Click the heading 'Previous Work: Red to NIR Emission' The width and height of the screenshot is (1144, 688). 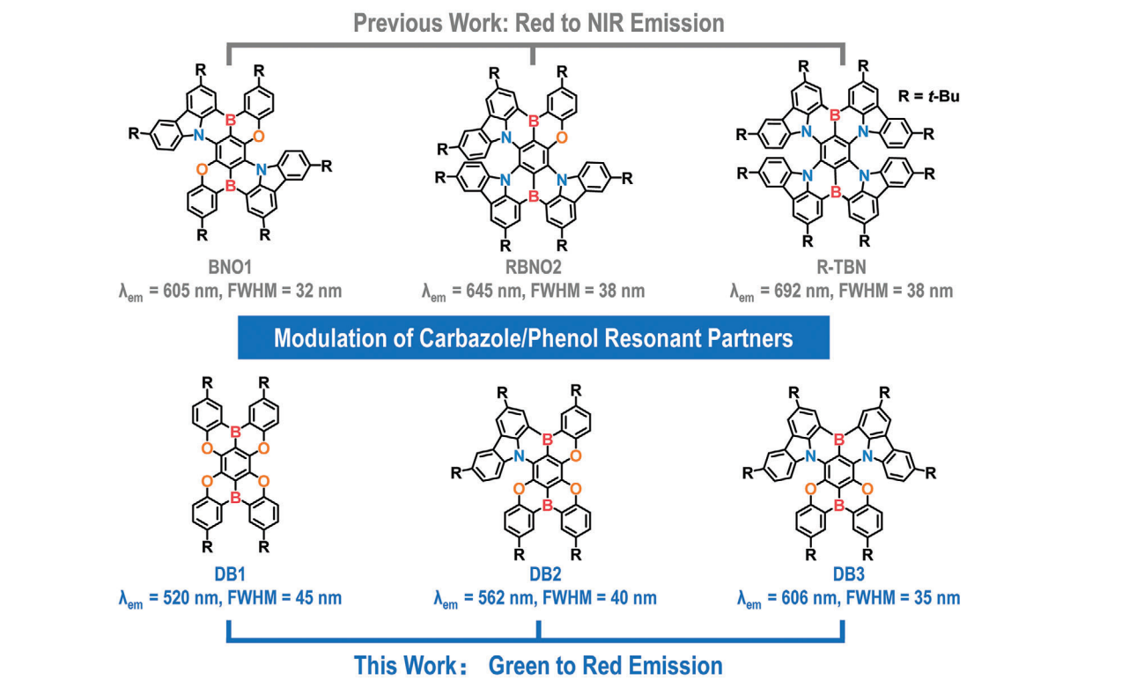[x=538, y=23]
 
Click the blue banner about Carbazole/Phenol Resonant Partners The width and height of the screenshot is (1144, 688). [x=533, y=338]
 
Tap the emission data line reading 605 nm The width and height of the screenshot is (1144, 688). [x=230, y=291]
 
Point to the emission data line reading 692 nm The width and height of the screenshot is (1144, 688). [x=840, y=291]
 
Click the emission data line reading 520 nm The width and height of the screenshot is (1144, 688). [x=230, y=598]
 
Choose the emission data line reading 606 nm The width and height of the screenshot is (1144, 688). [x=848, y=598]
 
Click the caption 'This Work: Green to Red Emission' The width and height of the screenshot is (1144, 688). [x=538, y=664]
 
